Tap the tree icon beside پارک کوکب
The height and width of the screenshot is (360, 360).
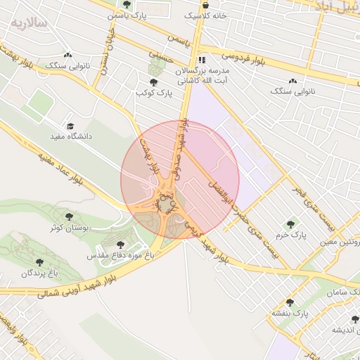pyautogui.click(x=154, y=82)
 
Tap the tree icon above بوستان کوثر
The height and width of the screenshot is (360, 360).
pyautogui.click(x=68, y=217)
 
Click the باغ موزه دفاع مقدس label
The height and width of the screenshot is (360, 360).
pyautogui.click(x=120, y=256)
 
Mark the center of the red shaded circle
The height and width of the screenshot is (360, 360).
pyautogui.click(x=180, y=179)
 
